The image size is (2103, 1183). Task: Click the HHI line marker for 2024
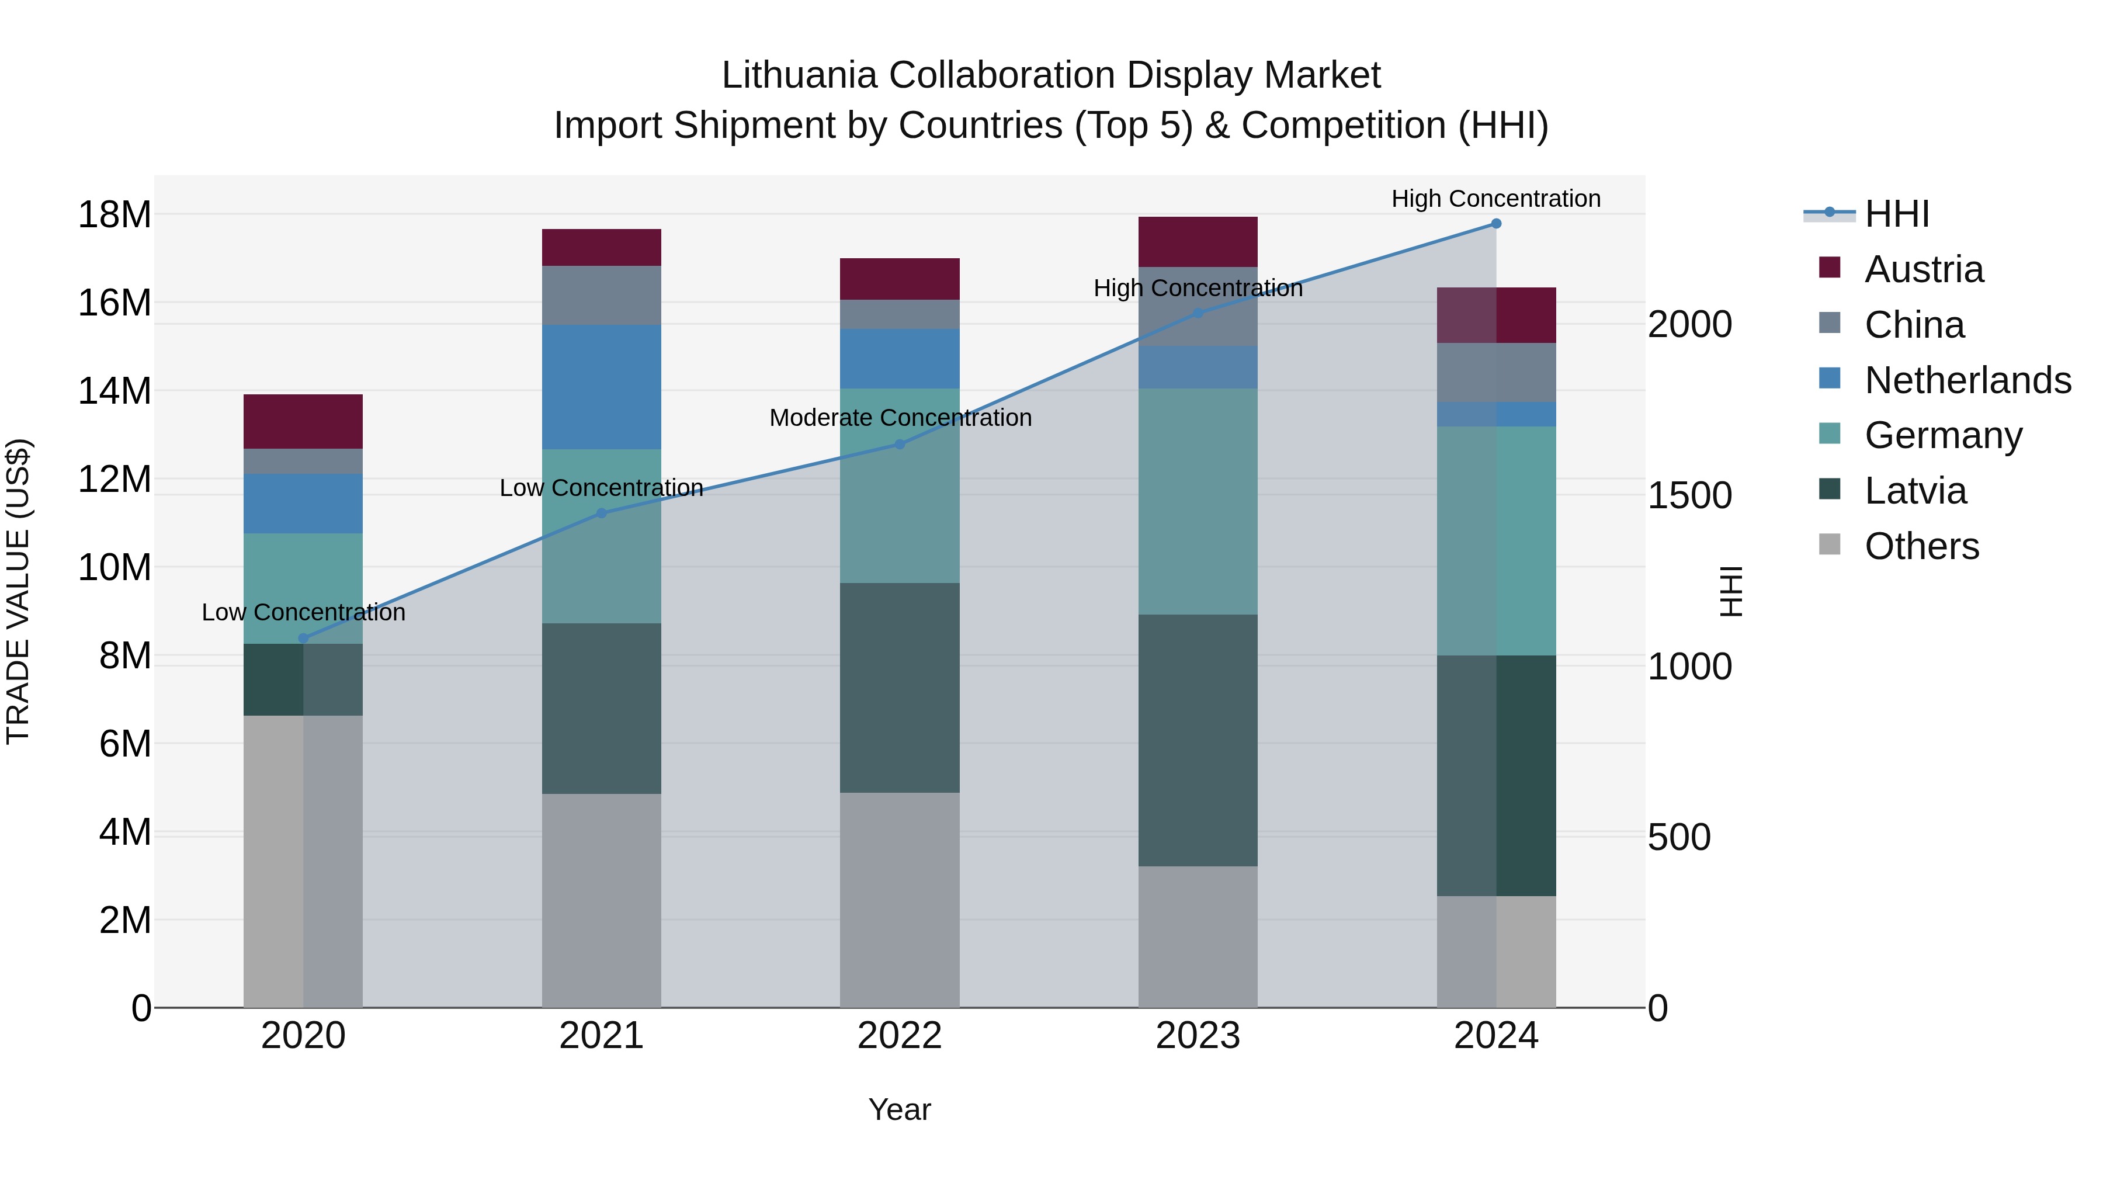(x=1495, y=223)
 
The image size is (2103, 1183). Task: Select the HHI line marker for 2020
(x=303, y=639)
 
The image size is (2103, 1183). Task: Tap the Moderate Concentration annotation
(x=900, y=418)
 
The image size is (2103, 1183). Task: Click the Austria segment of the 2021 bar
(x=601, y=247)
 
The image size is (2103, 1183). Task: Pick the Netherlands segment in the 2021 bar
(x=601, y=387)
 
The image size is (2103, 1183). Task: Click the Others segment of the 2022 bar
(x=900, y=900)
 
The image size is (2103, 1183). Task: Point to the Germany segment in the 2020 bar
(x=303, y=588)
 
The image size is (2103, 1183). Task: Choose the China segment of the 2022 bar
(x=900, y=314)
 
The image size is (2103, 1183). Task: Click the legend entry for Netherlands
(x=1967, y=380)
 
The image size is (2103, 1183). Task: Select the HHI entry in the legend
(x=1896, y=214)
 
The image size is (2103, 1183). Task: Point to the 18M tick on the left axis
(x=114, y=215)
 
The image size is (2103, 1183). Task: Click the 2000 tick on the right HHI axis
(x=1689, y=324)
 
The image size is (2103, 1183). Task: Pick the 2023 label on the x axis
(x=1198, y=1036)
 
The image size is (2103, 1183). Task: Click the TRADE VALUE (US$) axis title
(x=18, y=591)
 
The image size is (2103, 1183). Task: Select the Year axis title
(x=900, y=1109)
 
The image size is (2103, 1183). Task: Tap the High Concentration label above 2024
(x=1495, y=199)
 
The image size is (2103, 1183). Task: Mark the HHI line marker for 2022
(x=900, y=444)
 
